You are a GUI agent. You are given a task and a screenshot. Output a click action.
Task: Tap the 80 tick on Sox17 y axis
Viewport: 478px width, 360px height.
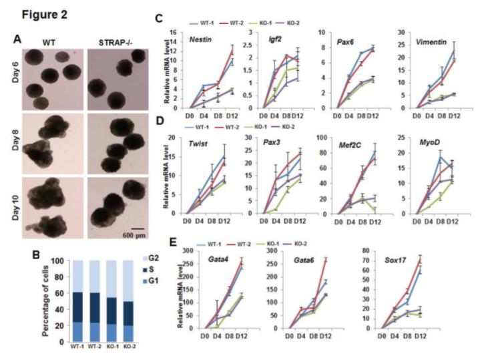coord(371,255)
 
